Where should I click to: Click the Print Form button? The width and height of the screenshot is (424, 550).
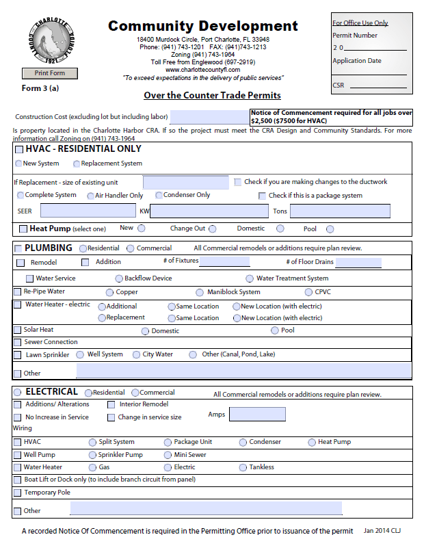(49, 73)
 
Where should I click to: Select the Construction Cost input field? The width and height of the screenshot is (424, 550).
(209, 117)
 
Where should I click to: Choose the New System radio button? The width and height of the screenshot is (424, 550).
(18, 163)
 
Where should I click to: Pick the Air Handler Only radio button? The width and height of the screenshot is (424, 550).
(90, 196)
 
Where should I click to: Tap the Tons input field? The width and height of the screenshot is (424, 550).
(349, 211)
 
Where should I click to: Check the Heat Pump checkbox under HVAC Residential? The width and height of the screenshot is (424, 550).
(23, 229)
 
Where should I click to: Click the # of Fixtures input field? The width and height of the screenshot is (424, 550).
(224, 261)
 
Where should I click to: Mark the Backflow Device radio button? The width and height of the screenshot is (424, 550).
(119, 278)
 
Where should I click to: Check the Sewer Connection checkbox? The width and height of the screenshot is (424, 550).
(18, 342)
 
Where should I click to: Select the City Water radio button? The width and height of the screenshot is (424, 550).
(137, 354)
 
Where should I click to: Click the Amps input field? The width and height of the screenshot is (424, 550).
(256, 414)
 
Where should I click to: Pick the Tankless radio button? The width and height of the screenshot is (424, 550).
(243, 467)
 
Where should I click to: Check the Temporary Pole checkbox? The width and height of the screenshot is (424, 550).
(18, 493)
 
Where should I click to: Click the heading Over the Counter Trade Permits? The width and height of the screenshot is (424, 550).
(212, 95)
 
